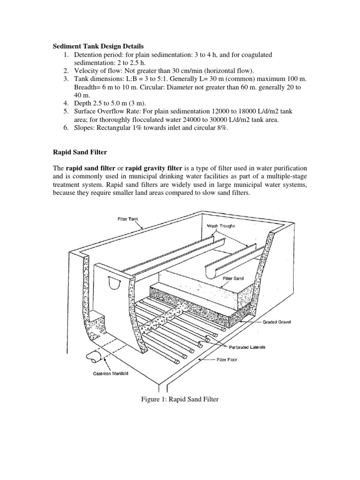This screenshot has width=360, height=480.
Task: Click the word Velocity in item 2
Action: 87,70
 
